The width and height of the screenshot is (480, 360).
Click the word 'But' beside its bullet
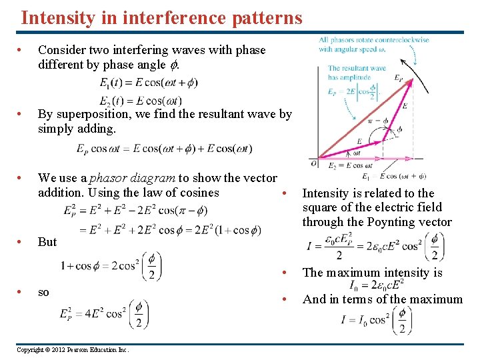point(47,242)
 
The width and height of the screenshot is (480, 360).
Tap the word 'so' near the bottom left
point(44,292)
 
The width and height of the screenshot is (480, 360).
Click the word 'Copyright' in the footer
point(30,350)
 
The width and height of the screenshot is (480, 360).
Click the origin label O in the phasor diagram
point(314,163)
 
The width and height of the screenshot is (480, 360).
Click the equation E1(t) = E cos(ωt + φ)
point(148,83)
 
